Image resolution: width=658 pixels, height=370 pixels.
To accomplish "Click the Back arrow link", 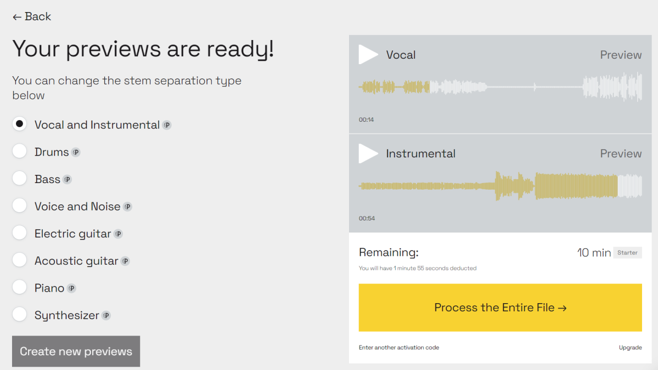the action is pyautogui.click(x=32, y=17).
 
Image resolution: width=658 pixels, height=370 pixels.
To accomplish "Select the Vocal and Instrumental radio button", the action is pyautogui.click(x=19, y=124).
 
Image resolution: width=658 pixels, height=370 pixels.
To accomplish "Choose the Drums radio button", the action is pyautogui.click(x=19, y=151).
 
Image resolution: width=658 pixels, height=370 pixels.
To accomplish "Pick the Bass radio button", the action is pyautogui.click(x=19, y=179).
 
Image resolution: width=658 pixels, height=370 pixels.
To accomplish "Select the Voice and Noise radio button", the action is pyautogui.click(x=19, y=206).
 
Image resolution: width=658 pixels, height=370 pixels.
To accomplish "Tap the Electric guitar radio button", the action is pyautogui.click(x=19, y=233).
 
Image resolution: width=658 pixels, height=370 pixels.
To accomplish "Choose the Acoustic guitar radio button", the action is pyautogui.click(x=19, y=260).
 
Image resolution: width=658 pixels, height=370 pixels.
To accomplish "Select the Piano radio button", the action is pyautogui.click(x=19, y=287).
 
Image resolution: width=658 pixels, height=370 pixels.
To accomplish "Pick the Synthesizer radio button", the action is pyautogui.click(x=19, y=315).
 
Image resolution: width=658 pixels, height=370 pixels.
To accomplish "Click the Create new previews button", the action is pyautogui.click(x=76, y=351).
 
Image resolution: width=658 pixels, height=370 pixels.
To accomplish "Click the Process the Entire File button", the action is pyautogui.click(x=500, y=308).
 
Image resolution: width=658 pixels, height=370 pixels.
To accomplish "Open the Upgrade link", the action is pyautogui.click(x=631, y=348).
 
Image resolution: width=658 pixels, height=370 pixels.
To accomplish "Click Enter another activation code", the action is pyautogui.click(x=399, y=348).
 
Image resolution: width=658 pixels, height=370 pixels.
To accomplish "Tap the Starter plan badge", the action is pyautogui.click(x=627, y=253).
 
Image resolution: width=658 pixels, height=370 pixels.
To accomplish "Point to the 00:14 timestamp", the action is pyautogui.click(x=367, y=120).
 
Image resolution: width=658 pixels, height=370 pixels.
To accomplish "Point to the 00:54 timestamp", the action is pyautogui.click(x=367, y=218).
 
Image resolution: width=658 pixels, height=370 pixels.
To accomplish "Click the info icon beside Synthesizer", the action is pyautogui.click(x=106, y=316).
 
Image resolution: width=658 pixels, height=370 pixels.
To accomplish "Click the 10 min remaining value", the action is pyautogui.click(x=594, y=253).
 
